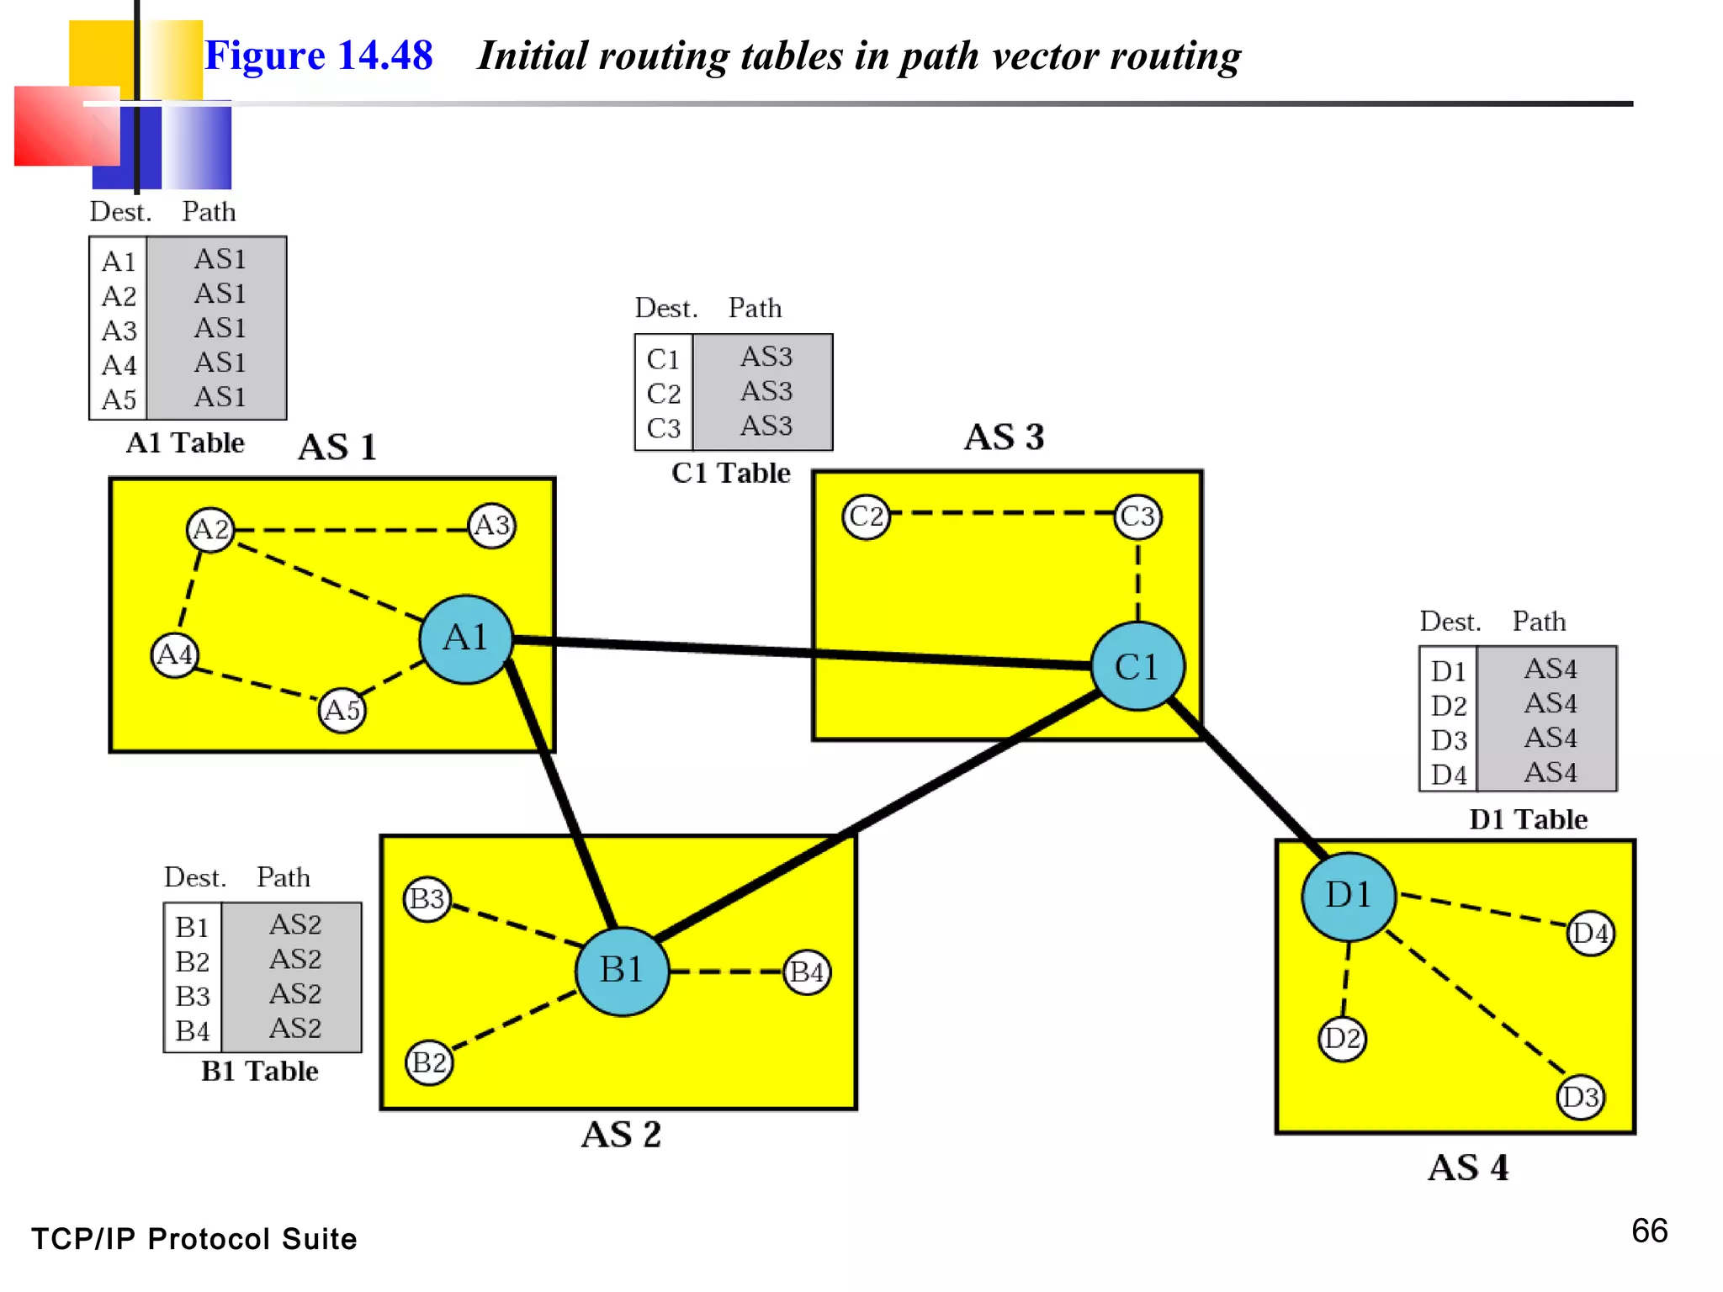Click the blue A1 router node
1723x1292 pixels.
pyautogui.click(x=465, y=639)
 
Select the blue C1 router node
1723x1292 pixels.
pyautogui.click(x=1137, y=666)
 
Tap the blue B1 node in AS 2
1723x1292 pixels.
pyautogui.click(x=622, y=971)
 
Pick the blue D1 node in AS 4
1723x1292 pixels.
pyautogui.click(x=1348, y=896)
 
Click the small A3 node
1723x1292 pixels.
pyautogui.click(x=492, y=526)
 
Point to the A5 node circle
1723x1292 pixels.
pyautogui.click(x=342, y=711)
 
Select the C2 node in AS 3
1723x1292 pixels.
pyautogui.click(x=866, y=516)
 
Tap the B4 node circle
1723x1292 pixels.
pyautogui.click(x=807, y=972)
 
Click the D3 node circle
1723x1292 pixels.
pyautogui.click(x=1580, y=1097)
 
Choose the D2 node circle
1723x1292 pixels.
pyautogui.click(x=1342, y=1039)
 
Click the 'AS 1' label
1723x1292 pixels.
pyautogui.click(x=337, y=447)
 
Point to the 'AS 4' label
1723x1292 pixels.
pyautogui.click(x=1468, y=1168)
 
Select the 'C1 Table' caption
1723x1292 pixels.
pyautogui.click(x=730, y=473)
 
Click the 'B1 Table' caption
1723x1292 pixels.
pyautogui.click(x=259, y=1071)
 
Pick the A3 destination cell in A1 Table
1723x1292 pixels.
pyautogui.click(x=119, y=331)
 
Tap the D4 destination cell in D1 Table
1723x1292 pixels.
pyautogui.click(x=1448, y=775)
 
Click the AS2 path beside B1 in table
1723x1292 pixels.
pyautogui.click(x=295, y=924)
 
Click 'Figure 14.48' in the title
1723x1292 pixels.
pyautogui.click(x=318, y=56)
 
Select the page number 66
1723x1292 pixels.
pyautogui.click(x=1649, y=1231)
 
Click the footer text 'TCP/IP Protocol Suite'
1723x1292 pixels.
pyautogui.click(x=194, y=1239)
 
